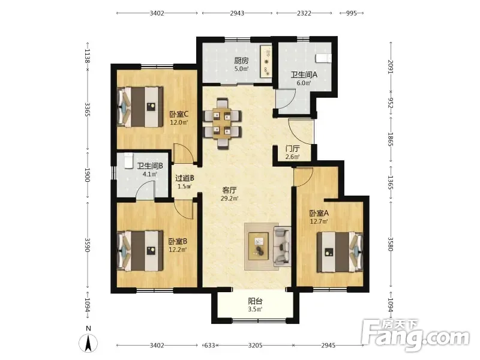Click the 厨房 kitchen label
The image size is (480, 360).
[x=242, y=61]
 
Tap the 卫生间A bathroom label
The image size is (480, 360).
[x=304, y=74]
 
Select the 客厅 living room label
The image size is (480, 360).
[x=229, y=190]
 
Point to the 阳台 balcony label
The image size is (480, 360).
[x=256, y=301]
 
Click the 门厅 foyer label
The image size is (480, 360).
[x=292, y=149]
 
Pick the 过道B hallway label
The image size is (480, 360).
[x=185, y=178]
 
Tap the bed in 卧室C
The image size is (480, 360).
[x=140, y=107]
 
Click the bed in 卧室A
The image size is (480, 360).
[x=340, y=252]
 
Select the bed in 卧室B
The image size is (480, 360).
[x=140, y=251]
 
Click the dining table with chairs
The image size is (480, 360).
[x=223, y=123]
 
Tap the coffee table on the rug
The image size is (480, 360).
[x=259, y=246]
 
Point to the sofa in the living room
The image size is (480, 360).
[x=282, y=246]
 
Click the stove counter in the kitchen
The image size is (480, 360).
[x=266, y=62]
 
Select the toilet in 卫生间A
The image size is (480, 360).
[x=323, y=58]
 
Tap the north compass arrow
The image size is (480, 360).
[x=88, y=343]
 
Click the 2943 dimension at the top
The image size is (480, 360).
[x=237, y=13]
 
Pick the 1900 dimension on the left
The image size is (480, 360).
[x=87, y=175]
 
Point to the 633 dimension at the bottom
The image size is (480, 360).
[x=209, y=346]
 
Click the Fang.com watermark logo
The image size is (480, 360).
[x=415, y=335]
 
